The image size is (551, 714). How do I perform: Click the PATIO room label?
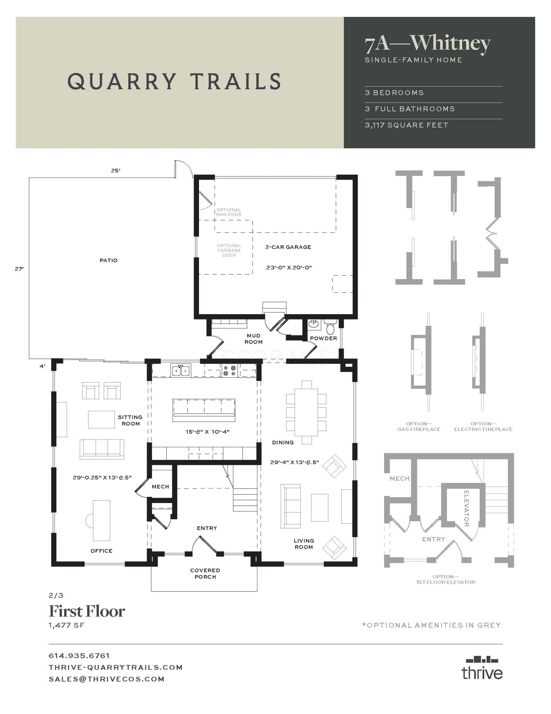click(x=108, y=260)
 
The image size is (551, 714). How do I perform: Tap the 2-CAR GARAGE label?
click(x=288, y=247)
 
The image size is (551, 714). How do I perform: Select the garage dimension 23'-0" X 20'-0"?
click(x=289, y=267)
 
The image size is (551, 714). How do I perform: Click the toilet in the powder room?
click(x=330, y=327)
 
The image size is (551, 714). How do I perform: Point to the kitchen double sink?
click(x=181, y=371)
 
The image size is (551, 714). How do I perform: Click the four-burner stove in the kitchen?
click(x=229, y=371)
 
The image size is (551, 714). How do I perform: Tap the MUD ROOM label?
click(x=254, y=339)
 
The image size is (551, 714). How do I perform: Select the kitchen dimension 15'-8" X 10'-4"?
click(x=207, y=432)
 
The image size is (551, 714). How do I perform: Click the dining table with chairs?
click(x=306, y=412)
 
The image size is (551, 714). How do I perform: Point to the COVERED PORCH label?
click(x=205, y=573)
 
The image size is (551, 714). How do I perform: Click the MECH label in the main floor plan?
click(x=160, y=487)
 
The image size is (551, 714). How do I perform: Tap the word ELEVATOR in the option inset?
click(x=466, y=508)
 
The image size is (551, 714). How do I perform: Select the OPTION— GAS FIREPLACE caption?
click(x=419, y=427)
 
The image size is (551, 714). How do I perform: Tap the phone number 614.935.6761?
click(x=79, y=656)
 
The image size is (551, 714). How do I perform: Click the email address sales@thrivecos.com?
click(x=107, y=679)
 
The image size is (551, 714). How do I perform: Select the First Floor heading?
click(x=87, y=611)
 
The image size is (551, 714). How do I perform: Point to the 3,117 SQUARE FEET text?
click(x=406, y=125)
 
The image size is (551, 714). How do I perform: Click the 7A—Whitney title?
click(x=428, y=44)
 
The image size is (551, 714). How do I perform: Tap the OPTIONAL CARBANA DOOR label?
click(x=229, y=250)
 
